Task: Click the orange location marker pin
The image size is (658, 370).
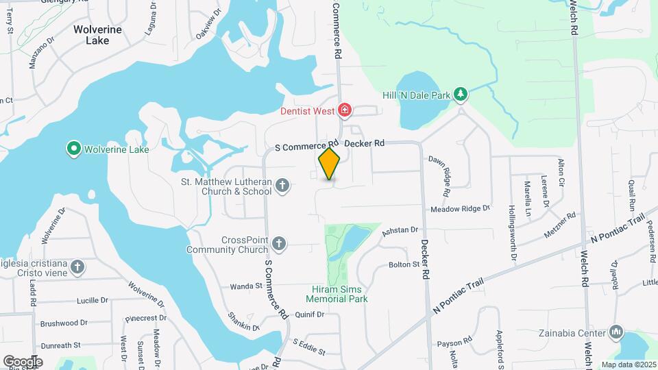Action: tap(330, 163)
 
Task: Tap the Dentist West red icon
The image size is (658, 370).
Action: tap(345, 110)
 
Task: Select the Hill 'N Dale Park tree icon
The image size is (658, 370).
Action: tap(462, 95)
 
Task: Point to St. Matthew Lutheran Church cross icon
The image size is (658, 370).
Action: tap(282, 186)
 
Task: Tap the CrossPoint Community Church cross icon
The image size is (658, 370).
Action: tap(278, 243)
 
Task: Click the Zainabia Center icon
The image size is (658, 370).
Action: tap(616, 334)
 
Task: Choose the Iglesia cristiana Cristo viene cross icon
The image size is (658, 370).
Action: tap(78, 267)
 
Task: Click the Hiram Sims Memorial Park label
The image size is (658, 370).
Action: tap(337, 294)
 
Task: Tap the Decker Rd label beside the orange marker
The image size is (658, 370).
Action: tap(364, 143)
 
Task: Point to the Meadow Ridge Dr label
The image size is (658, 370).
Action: tap(461, 208)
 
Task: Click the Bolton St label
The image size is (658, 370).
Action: tap(403, 264)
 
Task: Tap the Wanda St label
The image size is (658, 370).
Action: tap(246, 286)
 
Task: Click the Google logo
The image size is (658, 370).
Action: tap(23, 361)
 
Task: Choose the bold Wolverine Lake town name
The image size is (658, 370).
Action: tap(98, 35)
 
